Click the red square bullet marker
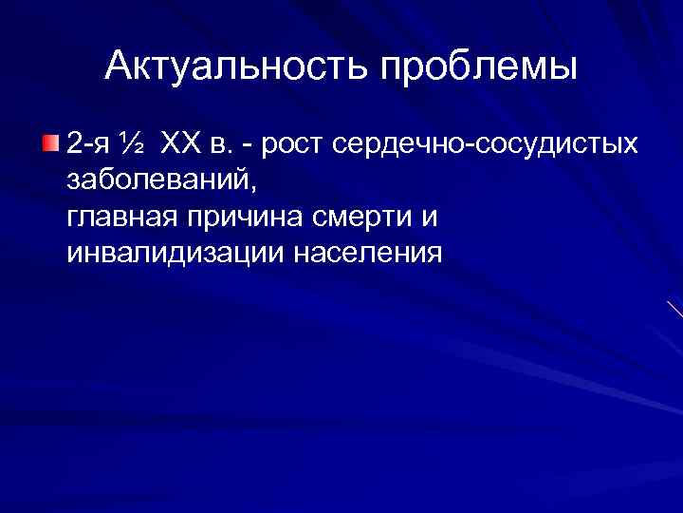tap(50, 143)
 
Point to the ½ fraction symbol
tap(133, 144)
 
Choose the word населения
tap(368, 255)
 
